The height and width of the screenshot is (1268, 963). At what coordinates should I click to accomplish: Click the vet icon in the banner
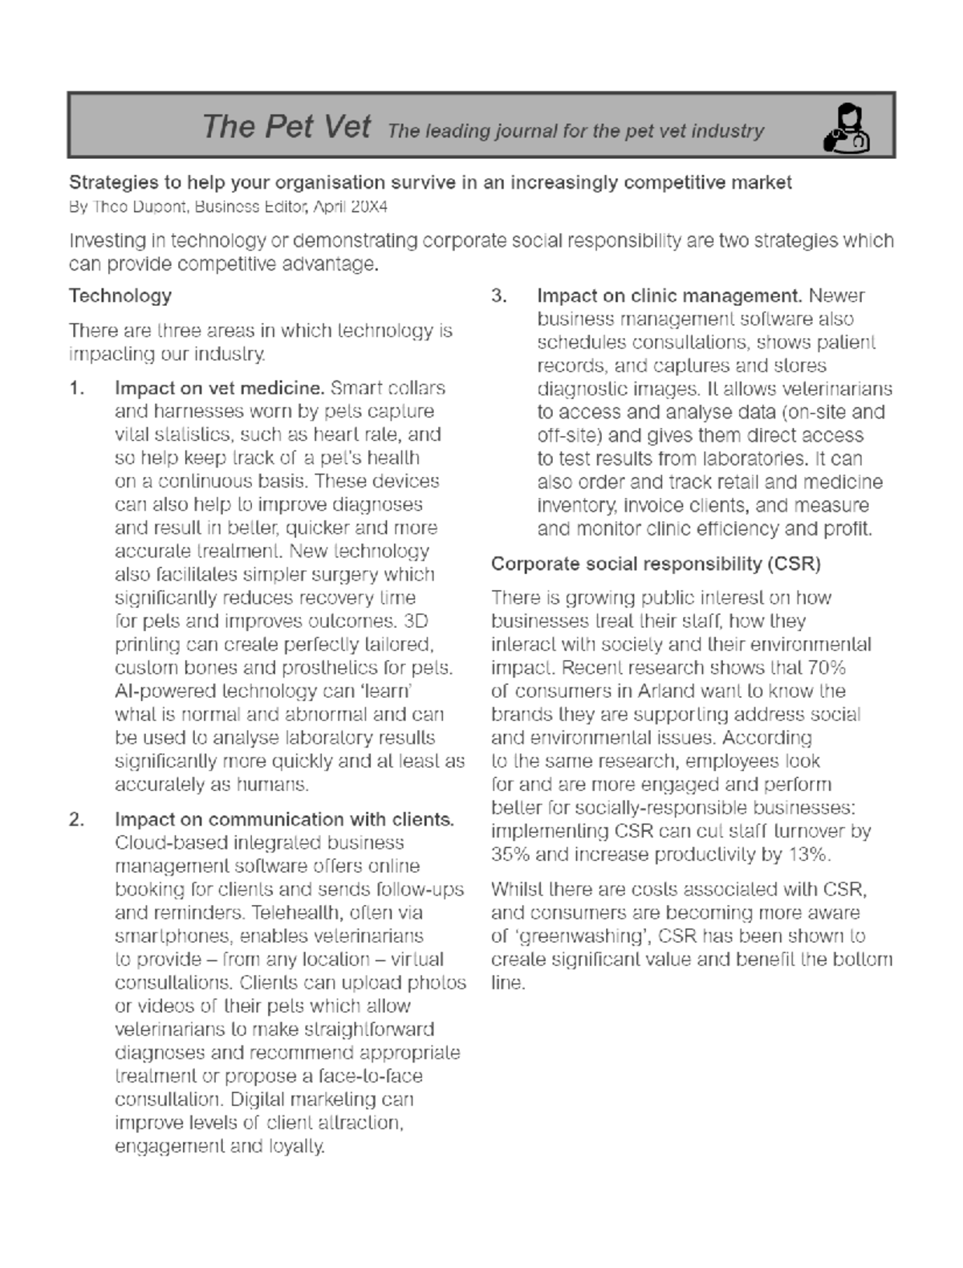[847, 128]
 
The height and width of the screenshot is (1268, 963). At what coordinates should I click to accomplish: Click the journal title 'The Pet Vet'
[286, 126]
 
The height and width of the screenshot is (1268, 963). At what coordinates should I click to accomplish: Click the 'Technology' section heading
[120, 296]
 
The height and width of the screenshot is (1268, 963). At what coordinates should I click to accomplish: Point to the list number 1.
[77, 389]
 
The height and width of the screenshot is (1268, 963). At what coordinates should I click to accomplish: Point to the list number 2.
[77, 820]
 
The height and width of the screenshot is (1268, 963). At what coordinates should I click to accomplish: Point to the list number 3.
[499, 296]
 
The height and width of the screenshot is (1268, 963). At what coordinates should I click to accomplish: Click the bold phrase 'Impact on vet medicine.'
[220, 389]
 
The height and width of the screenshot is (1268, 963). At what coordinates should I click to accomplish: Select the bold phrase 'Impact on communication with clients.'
[284, 820]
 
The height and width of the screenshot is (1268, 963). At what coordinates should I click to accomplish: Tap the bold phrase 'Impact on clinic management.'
[670, 296]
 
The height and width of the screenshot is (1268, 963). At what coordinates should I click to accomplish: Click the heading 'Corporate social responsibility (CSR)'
[656, 564]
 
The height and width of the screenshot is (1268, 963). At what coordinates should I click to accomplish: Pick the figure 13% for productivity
[807, 854]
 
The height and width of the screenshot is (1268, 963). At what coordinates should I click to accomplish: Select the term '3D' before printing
[416, 622]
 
